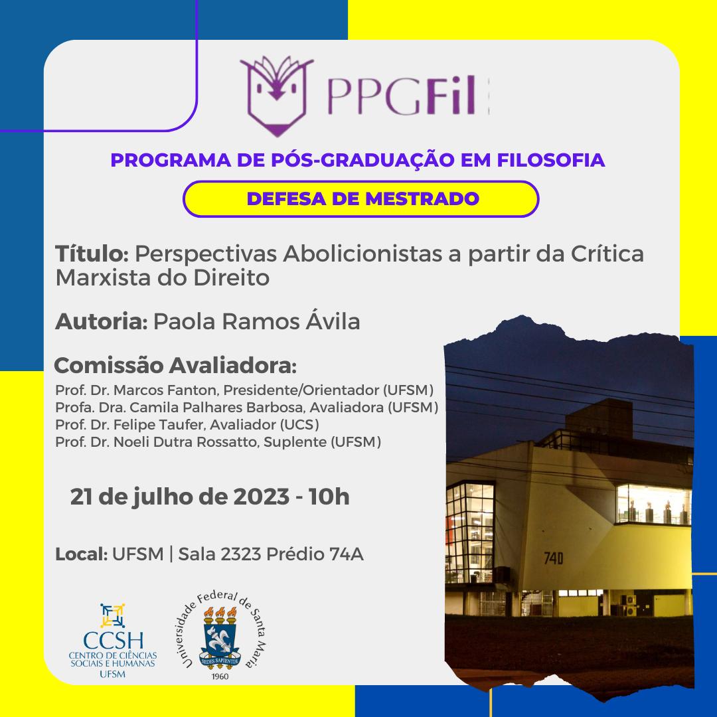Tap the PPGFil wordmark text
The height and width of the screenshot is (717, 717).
point(402,96)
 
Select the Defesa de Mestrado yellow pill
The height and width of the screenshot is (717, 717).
point(360,199)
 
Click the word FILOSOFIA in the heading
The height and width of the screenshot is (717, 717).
point(550,160)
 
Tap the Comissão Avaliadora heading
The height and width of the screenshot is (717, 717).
point(175,365)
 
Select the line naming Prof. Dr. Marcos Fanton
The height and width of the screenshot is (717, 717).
point(244,390)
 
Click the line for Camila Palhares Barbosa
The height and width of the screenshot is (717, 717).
point(246,408)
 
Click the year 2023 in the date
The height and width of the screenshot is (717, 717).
point(261,497)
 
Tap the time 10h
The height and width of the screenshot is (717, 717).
point(329,497)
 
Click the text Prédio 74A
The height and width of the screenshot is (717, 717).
point(315,554)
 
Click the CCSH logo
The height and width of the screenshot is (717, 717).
point(113,641)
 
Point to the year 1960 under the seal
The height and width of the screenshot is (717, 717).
point(220,677)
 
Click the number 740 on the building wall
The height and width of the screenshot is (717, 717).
point(553,558)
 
